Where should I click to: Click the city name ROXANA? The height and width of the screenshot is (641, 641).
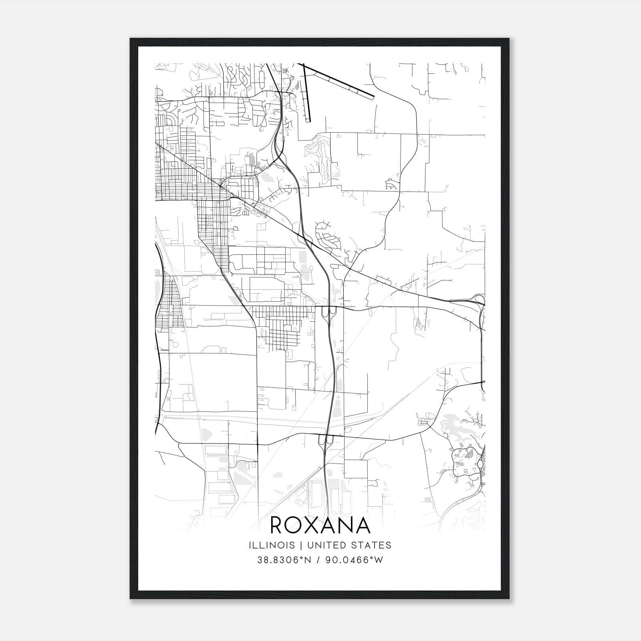pyautogui.click(x=320, y=525)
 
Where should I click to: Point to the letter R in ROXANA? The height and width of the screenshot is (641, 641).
pyautogui.click(x=277, y=525)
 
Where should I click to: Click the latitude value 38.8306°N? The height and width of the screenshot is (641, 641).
pyautogui.click(x=284, y=560)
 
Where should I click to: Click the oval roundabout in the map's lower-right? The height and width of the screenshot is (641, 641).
pyautogui.click(x=480, y=464)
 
